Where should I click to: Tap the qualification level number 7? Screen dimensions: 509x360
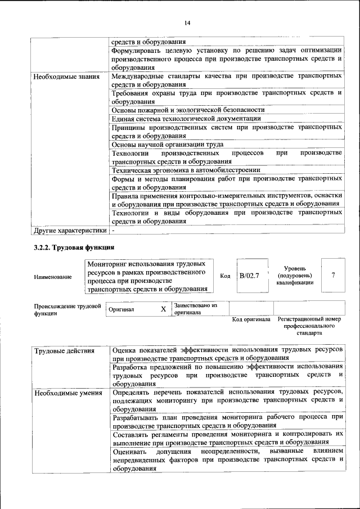tap(334, 276)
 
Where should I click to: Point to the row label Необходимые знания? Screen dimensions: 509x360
tap(66, 76)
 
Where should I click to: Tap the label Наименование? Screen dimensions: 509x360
tap(53, 277)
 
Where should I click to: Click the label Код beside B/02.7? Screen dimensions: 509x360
tap(225, 276)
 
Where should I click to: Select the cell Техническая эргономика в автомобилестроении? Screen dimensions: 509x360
tap(186, 170)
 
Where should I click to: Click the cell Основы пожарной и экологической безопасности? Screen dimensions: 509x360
tap(188, 110)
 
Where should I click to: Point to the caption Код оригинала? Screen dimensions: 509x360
tap(251, 320)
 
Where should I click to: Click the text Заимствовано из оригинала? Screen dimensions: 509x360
tap(196, 309)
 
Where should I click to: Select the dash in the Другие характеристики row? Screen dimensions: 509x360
tap(113, 231)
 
